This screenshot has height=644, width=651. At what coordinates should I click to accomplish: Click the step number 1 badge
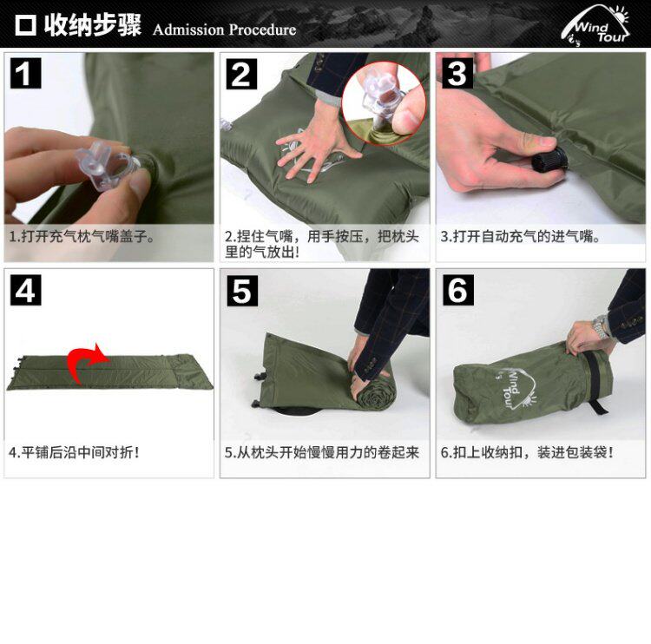click(x=25, y=73)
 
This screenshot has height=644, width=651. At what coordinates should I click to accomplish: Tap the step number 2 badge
click(x=241, y=74)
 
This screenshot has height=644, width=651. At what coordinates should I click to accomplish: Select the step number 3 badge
click(x=457, y=73)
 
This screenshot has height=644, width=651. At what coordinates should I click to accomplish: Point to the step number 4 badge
click(x=25, y=290)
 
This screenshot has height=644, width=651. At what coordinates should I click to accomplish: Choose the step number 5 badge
click(x=242, y=291)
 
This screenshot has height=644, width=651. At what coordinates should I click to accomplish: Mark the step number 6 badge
click(x=458, y=290)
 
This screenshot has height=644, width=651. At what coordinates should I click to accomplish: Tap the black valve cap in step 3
click(x=549, y=159)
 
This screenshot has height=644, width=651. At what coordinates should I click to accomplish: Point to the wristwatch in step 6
click(x=600, y=326)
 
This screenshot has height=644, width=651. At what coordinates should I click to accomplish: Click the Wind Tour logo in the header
click(x=595, y=25)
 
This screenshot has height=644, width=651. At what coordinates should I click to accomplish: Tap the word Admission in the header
click(x=188, y=30)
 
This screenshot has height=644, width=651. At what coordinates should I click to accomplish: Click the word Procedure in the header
click(x=262, y=30)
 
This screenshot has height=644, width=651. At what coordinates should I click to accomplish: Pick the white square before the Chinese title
click(x=25, y=25)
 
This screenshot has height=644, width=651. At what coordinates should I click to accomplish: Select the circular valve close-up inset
click(x=384, y=104)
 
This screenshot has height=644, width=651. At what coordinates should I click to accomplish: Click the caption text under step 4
click(x=74, y=452)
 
